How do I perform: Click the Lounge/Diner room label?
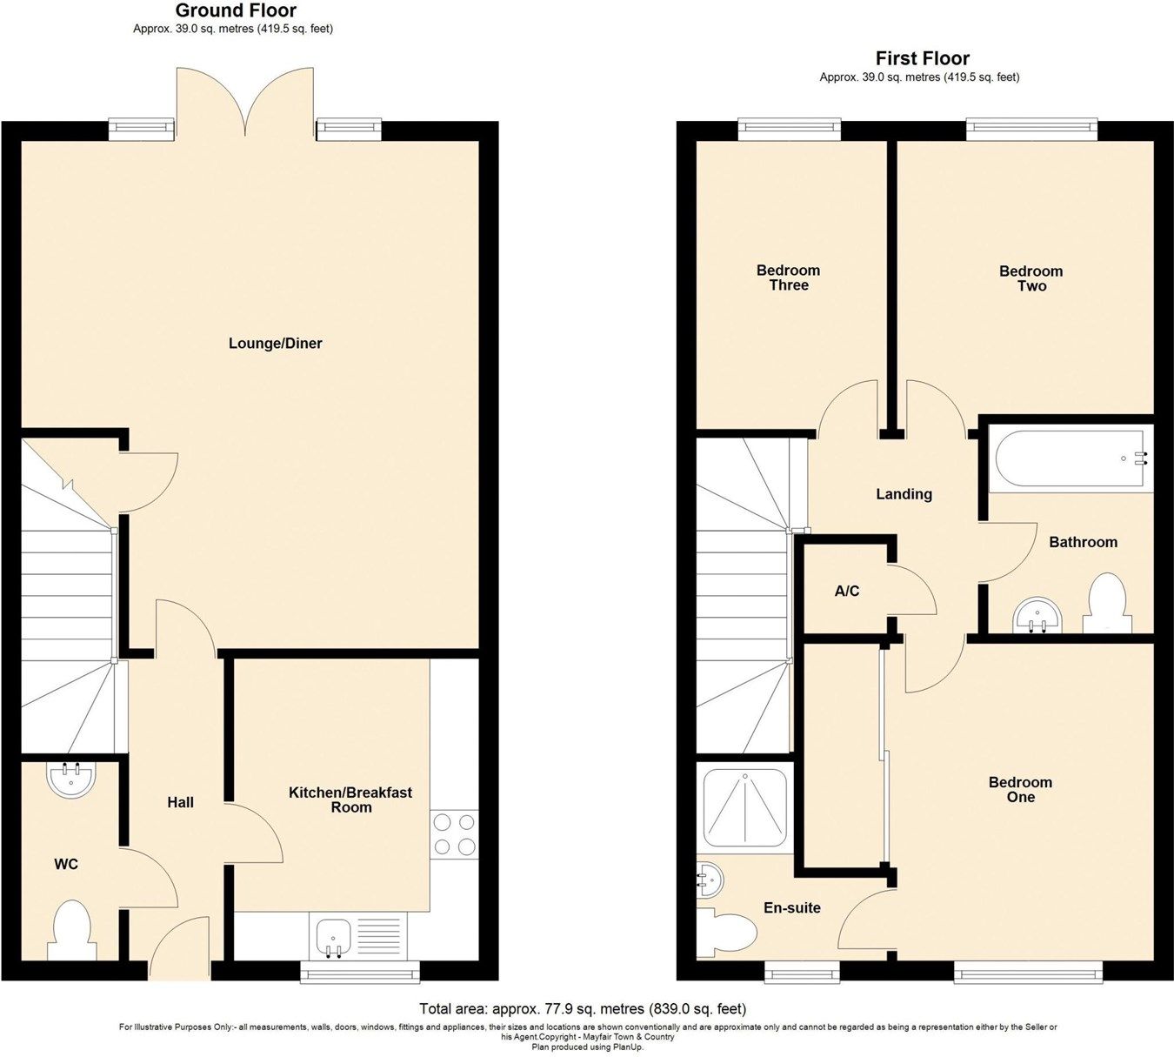[x=275, y=344]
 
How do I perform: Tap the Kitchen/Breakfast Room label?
[x=350, y=799]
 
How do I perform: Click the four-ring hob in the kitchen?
[x=454, y=834]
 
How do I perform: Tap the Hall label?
[x=180, y=802]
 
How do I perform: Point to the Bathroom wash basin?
[x=1037, y=615]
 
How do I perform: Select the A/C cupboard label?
[x=846, y=592]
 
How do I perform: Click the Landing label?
[x=904, y=494]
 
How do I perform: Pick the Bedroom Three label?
[x=788, y=278]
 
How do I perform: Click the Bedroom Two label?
[x=1031, y=278]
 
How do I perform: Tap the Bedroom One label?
[x=1020, y=790]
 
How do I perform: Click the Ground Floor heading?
[x=236, y=11]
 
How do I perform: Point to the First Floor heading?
[x=922, y=58]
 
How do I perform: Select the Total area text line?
[x=583, y=1009]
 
